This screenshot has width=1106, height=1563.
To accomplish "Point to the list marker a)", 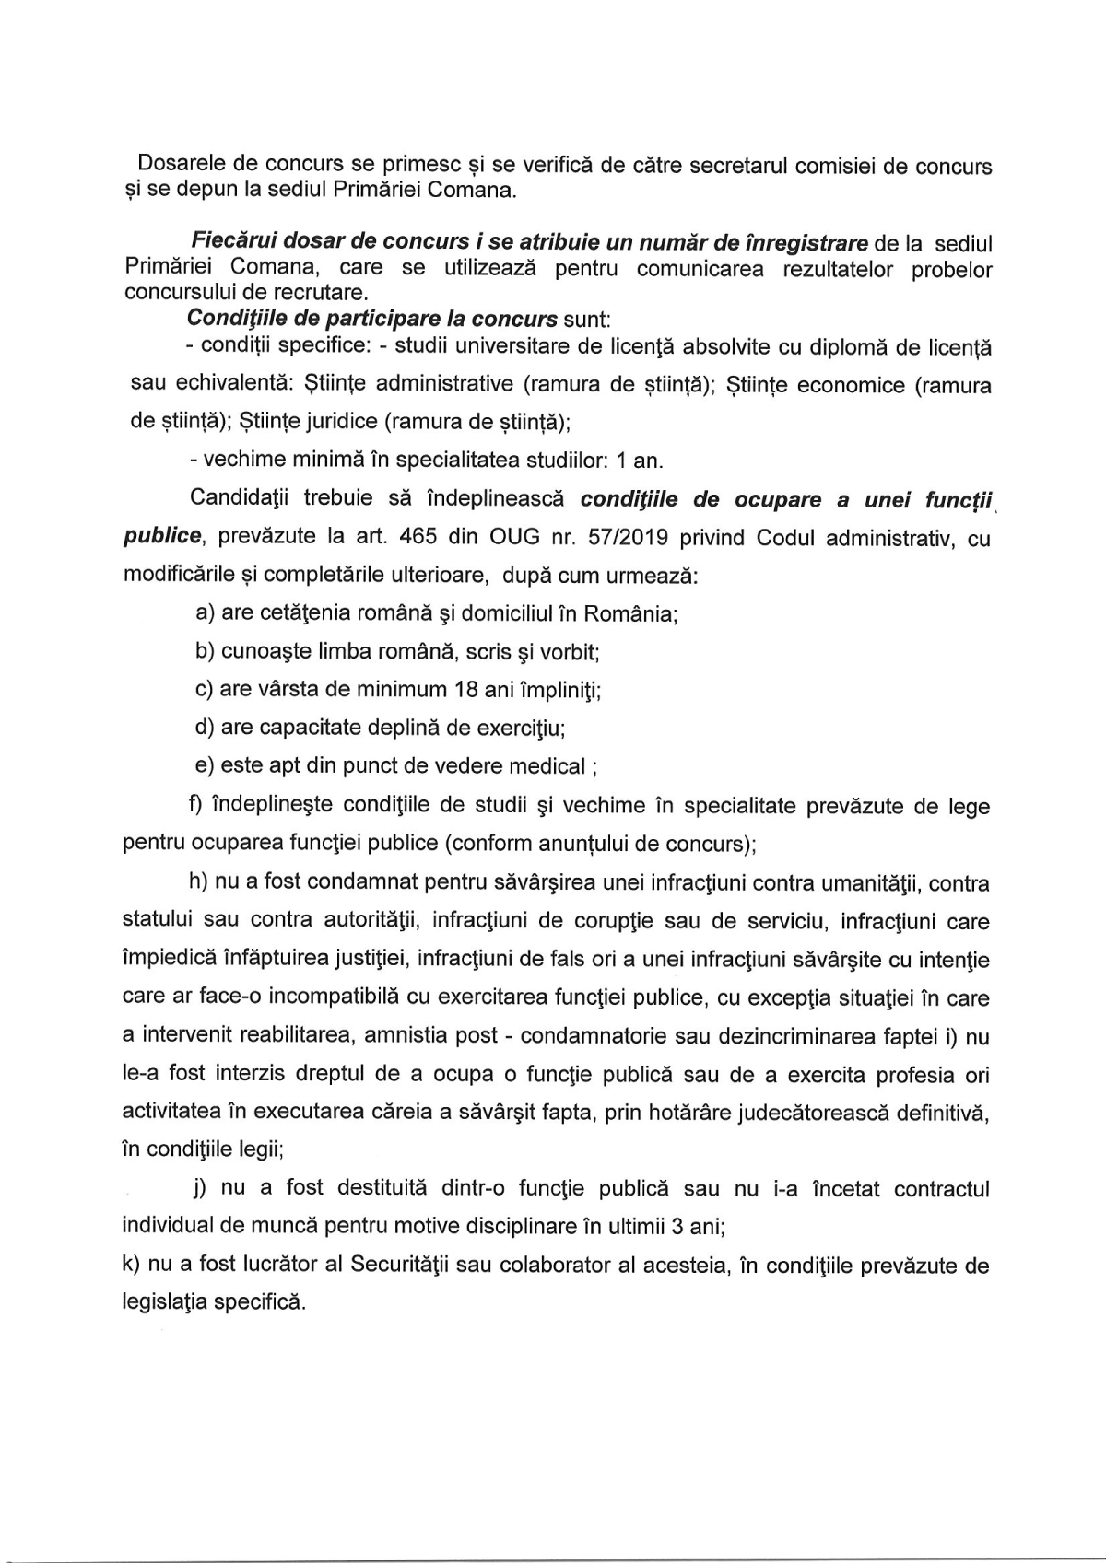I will pyautogui.click(x=206, y=613).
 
